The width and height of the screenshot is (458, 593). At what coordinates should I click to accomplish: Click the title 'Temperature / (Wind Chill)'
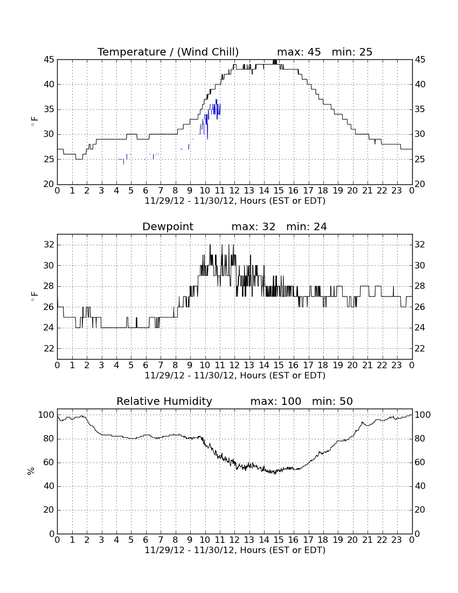click(x=168, y=52)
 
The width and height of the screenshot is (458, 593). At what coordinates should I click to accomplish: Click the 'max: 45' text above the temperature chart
click(x=299, y=52)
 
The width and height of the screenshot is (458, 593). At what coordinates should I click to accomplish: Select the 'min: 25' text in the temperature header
click(x=352, y=52)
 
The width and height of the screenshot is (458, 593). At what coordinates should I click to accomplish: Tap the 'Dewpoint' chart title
click(x=168, y=227)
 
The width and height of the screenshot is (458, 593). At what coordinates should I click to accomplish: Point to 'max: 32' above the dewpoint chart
click(x=254, y=226)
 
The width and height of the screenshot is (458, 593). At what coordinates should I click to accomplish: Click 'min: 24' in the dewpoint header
click(x=307, y=226)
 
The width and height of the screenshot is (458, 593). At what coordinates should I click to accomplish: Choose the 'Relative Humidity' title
click(x=164, y=401)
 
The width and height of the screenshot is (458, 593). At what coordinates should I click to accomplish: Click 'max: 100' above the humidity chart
click(x=276, y=401)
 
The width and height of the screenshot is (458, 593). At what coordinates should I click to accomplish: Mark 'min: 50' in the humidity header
click(x=332, y=401)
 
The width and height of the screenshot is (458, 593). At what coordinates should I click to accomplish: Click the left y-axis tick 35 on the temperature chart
click(x=48, y=109)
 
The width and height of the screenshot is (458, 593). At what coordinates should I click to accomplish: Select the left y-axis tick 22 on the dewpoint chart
click(x=48, y=349)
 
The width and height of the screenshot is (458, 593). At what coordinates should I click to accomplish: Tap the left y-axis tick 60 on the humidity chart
click(x=48, y=463)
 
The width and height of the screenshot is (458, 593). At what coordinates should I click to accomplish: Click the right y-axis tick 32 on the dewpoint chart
click(x=420, y=245)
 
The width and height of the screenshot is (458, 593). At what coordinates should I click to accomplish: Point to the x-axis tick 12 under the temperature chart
click(x=234, y=191)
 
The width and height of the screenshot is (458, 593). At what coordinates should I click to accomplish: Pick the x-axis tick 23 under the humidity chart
click(x=397, y=540)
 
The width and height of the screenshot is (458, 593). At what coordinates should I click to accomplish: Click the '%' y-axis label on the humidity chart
click(x=31, y=471)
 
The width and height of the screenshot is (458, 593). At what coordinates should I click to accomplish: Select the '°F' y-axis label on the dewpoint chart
click(x=34, y=296)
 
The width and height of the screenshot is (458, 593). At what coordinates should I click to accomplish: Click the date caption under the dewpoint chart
click(x=235, y=376)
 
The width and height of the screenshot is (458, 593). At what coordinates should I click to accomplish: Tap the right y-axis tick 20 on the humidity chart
click(x=420, y=510)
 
